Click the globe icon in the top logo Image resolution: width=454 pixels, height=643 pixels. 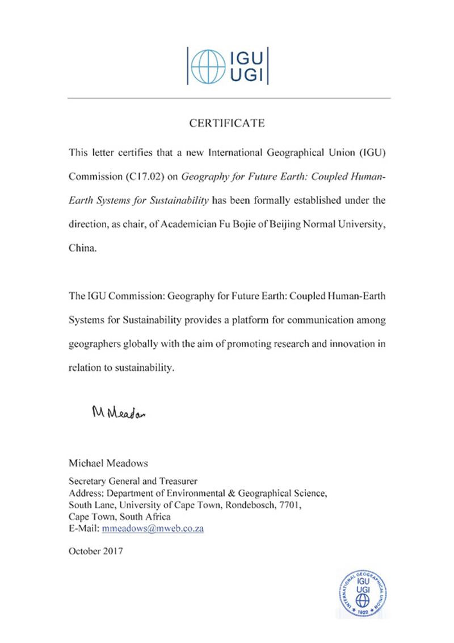[207, 66]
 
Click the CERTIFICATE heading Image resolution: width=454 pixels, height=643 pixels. [227, 123]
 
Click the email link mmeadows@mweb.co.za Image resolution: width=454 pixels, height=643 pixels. [153, 528]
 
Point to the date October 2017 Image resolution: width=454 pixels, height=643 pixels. [95, 550]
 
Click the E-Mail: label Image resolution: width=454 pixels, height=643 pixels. [83, 528]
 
